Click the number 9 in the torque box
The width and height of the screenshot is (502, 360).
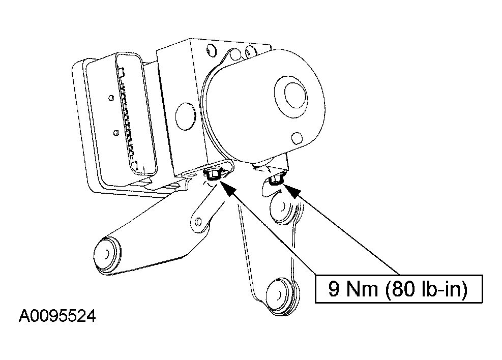[334, 289]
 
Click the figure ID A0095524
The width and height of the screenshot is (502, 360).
[57, 316]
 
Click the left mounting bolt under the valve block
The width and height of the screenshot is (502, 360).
[212, 174]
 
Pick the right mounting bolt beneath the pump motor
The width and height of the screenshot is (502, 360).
[275, 179]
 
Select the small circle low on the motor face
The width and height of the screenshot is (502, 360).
[297, 138]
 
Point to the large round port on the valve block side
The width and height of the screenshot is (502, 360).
[185, 116]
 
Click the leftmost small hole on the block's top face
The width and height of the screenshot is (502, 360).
[211, 51]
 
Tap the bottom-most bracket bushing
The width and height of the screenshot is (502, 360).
[281, 295]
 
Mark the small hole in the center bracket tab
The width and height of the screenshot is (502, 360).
[198, 221]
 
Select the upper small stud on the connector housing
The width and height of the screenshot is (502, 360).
[111, 98]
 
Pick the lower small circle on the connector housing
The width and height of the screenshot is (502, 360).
[116, 133]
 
